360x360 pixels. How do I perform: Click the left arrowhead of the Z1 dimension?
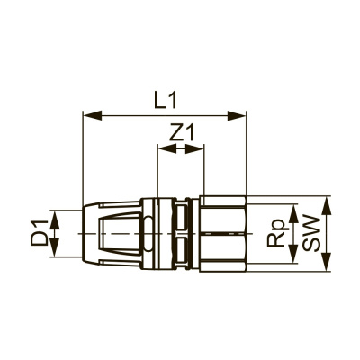(163, 149)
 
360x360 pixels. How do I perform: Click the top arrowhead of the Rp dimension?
(292, 209)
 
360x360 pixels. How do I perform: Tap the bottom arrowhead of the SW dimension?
(326, 267)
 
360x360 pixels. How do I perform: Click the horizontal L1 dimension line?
(126, 115)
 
